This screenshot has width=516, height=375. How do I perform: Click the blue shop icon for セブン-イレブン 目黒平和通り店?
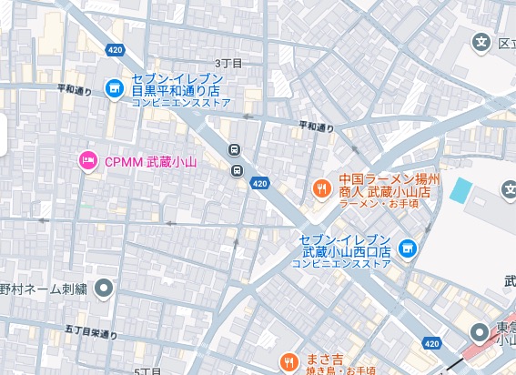(114, 88)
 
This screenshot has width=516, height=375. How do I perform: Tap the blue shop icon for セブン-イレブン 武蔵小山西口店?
(408, 246)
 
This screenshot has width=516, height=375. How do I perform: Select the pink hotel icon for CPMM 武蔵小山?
(88, 161)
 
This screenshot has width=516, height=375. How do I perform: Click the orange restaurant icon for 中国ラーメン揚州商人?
(321, 188)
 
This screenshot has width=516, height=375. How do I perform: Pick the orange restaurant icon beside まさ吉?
(288, 361)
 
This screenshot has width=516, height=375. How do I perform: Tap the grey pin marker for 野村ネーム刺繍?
(104, 289)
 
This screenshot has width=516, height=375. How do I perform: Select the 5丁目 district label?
(147, 371)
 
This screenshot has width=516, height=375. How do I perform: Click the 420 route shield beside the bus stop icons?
(260, 184)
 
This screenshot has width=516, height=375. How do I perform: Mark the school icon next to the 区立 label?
(481, 42)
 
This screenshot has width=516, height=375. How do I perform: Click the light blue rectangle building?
(461, 191)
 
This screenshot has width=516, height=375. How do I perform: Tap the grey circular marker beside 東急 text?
(480, 332)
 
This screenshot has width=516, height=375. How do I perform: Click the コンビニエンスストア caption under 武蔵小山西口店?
(340, 263)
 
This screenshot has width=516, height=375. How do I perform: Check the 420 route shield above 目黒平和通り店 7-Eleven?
(114, 49)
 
